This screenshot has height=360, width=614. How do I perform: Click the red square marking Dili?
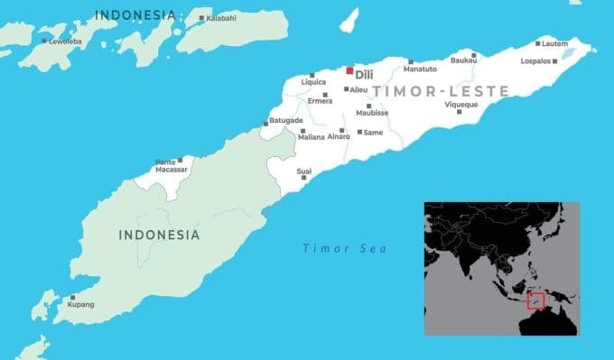[349, 69]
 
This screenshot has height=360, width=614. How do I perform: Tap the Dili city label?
[365, 75]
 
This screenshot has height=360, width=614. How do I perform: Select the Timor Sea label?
[344, 248]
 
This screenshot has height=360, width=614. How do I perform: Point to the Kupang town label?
[81, 305]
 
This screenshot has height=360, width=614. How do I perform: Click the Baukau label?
[463, 61]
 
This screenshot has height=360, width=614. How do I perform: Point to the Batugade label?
[285, 120]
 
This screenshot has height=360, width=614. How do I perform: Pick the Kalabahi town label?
[222, 17]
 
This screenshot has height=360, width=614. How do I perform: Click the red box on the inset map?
[536, 300]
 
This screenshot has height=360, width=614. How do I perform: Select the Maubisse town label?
[372, 114]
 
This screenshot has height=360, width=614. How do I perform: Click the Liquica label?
[312, 82]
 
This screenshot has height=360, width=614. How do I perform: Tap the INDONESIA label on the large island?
[159, 235]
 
